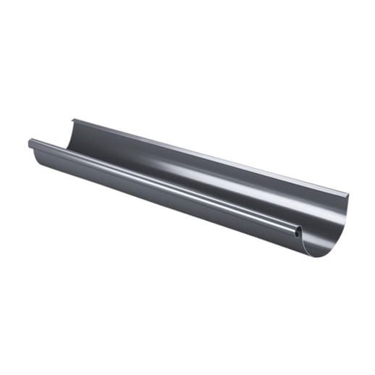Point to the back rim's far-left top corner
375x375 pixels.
pos(72,119)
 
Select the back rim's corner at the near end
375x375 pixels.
pos(347,193)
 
